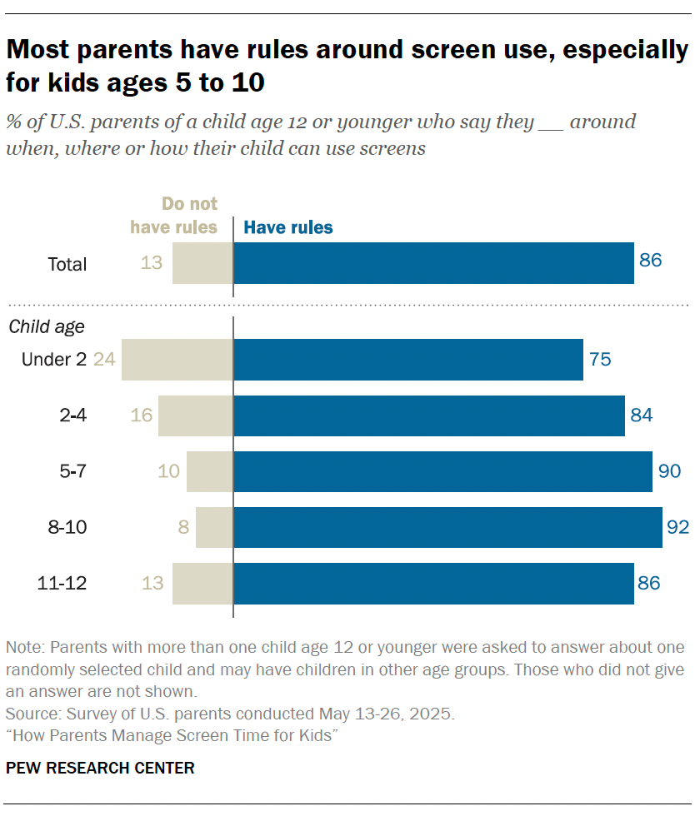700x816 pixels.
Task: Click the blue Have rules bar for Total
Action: pyautogui.click(x=433, y=263)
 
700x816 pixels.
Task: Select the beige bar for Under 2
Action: pyautogui.click(x=177, y=360)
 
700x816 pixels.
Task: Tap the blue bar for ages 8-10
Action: pyautogui.click(x=447, y=527)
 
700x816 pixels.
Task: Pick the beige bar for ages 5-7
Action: pyautogui.click(x=210, y=471)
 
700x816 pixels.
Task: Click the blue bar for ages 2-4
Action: pyautogui.click(x=429, y=415)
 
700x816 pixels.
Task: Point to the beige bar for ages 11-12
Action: pyautogui.click(x=202, y=583)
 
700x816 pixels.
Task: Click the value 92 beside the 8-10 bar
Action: pyautogui.click(x=677, y=527)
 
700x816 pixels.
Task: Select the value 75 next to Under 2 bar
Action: pyautogui.click(x=600, y=360)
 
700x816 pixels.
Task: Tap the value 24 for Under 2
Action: pyautogui.click(x=103, y=360)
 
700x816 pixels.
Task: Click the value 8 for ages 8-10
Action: pyautogui.click(x=183, y=527)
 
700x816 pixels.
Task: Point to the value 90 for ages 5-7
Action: pyautogui.click(x=670, y=471)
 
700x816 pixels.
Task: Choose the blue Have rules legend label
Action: pyautogui.click(x=287, y=227)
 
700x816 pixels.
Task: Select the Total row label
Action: pyautogui.click(x=67, y=264)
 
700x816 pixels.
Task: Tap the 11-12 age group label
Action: pyautogui.click(x=62, y=583)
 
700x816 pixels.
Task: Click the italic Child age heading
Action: pyautogui.click(x=47, y=326)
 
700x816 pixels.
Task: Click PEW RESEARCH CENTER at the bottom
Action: pyautogui.click(x=100, y=768)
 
